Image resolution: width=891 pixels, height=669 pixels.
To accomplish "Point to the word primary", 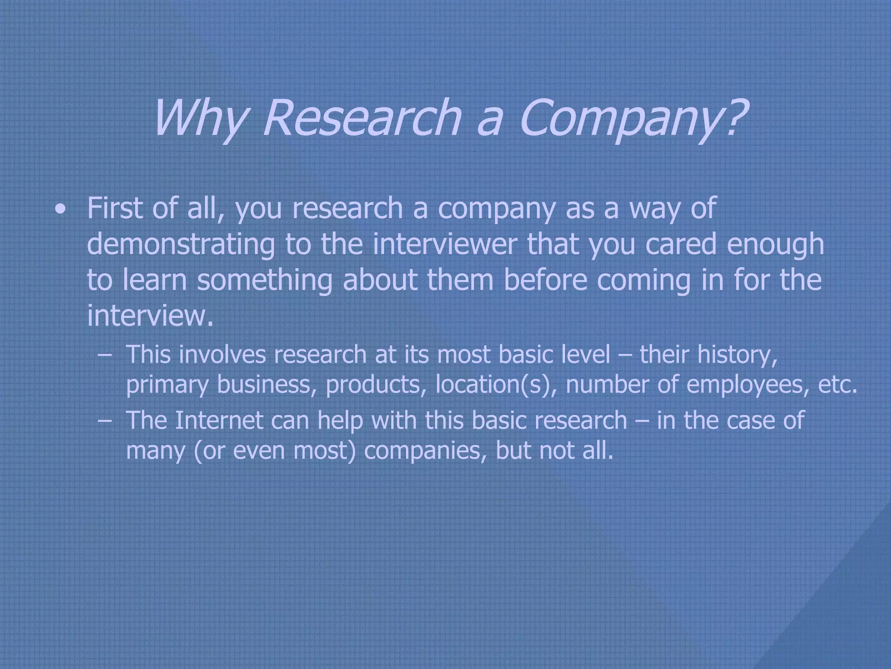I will pos(167,385).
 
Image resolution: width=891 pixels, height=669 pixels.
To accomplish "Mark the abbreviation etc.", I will pos(837,384).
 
